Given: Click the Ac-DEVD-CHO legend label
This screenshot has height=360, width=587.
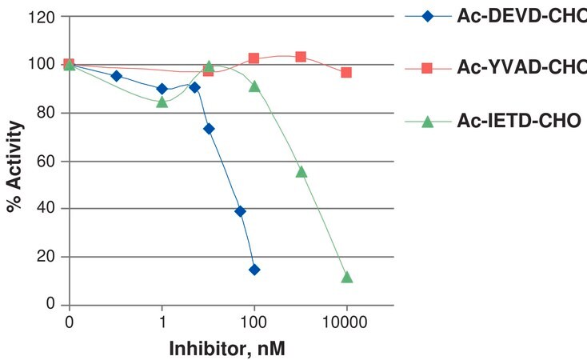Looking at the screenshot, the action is coord(522,16).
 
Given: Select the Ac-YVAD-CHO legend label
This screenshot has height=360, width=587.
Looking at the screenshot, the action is coord(522,68).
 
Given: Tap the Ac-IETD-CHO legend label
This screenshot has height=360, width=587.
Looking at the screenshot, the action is coord(519,121).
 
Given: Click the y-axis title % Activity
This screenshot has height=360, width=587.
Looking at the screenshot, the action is coord(15,166).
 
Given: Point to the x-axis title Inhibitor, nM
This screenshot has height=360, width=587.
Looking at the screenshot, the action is coord(227,348).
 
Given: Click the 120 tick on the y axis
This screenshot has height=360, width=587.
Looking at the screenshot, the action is coord(41,18).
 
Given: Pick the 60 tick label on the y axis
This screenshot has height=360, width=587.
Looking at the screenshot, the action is coord(46,161).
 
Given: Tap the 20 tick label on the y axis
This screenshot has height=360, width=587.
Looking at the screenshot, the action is coord(46,257).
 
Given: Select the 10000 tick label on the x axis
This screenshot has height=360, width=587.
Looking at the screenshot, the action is coord(345,322).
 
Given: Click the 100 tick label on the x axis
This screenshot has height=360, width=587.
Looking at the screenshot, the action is coord(254,322).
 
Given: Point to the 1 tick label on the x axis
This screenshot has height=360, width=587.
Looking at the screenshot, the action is coord(162,322).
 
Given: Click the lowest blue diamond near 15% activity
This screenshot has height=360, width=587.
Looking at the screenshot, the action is coord(254,270).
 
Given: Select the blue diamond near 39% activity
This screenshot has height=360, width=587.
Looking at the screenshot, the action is coord(241,212).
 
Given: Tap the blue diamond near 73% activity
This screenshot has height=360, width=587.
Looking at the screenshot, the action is coord(209,129).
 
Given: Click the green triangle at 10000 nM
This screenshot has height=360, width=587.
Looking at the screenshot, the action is coord(346,278).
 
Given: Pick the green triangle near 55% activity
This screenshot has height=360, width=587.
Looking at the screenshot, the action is coord(301,172).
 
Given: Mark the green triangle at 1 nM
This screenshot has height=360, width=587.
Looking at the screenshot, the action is coord(162,102).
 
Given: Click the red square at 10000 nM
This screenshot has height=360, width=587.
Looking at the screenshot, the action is coord(346,72).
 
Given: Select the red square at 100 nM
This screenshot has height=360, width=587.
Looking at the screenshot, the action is coord(254,58).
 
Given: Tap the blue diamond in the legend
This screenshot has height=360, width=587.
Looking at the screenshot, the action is coord(427,17).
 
